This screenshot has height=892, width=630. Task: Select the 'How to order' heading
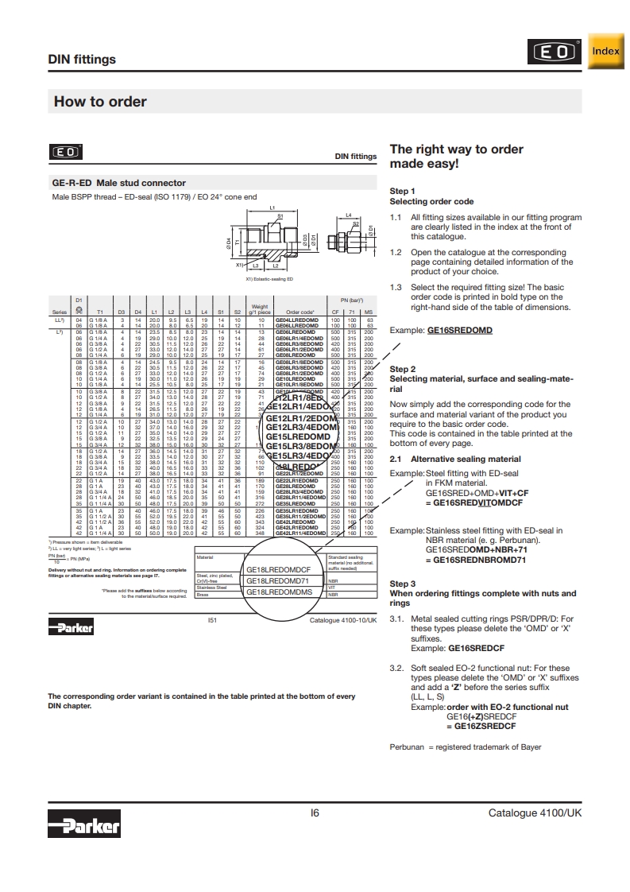coord(100,102)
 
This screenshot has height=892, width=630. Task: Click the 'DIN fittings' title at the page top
coord(82,60)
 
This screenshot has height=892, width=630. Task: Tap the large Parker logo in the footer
coord(83,826)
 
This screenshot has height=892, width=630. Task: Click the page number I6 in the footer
coord(315,813)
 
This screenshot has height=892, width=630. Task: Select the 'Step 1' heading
coord(402,192)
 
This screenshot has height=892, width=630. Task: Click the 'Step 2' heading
coord(402,370)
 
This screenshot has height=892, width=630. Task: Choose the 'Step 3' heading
coord(402,584)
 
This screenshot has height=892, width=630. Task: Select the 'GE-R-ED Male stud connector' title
coord(118,183)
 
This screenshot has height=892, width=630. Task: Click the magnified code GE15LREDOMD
coord(298,437)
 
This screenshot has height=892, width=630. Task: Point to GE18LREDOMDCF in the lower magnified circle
coord(278,569)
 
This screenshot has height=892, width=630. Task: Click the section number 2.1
coord(396,460)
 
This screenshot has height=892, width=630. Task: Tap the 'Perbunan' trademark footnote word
coord(407,747)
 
